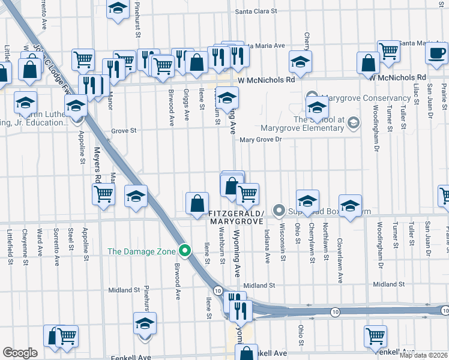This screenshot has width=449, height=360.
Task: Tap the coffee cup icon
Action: click(x=436, y=53)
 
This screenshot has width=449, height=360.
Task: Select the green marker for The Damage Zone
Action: click(x=186, y=251)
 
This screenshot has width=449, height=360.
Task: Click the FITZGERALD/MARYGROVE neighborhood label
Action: click(x=236, y=217)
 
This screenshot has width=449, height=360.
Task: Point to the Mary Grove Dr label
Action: click(x=261, y=140)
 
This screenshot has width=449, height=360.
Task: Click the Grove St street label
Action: click(x=123, y=130)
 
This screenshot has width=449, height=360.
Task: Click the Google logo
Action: click(x=20, y=353)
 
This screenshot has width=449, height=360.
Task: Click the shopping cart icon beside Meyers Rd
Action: click(x=104, y=194)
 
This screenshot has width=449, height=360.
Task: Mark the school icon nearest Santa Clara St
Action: click(x=118, y=8)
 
